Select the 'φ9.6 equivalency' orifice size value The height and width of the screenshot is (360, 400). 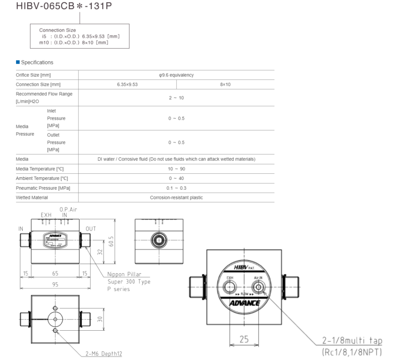[176, 75]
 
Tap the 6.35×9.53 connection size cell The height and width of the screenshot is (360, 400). [127, 84]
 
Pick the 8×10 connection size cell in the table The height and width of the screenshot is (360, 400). [225, 84]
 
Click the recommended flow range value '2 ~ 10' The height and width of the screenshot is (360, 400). [176, 98]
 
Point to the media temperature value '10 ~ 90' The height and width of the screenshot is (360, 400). [176, 169]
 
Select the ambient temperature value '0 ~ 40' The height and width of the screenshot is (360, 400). [176, 178]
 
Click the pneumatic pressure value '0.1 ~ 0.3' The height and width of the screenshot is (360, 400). [176, 188]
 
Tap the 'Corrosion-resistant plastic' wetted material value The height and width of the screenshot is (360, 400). [176, 198]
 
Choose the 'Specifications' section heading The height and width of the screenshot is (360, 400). [37, 62]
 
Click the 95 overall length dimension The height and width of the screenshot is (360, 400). [55, 285]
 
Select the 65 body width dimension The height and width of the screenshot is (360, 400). [55, 274]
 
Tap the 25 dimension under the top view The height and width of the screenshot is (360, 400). [244, 339]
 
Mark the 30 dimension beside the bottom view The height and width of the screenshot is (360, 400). [100, 319]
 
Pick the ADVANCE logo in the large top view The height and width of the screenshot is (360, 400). [244, 303]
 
